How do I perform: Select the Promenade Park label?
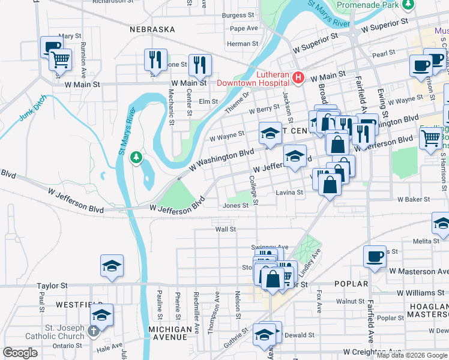tap(376, 5)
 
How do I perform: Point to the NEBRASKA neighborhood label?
tap(152, 29)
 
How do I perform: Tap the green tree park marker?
tap(137, 157)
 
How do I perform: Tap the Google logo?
tap(20, 353)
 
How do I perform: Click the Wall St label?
tap(226, 229)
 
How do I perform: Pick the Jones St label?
tap(236, 205)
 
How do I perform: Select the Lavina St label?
tap(290, 193)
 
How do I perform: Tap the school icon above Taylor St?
tap(112, 266)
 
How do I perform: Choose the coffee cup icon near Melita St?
tap(375, 256)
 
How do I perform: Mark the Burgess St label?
tap(235, 15)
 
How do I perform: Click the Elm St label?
tap(208, 101)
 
